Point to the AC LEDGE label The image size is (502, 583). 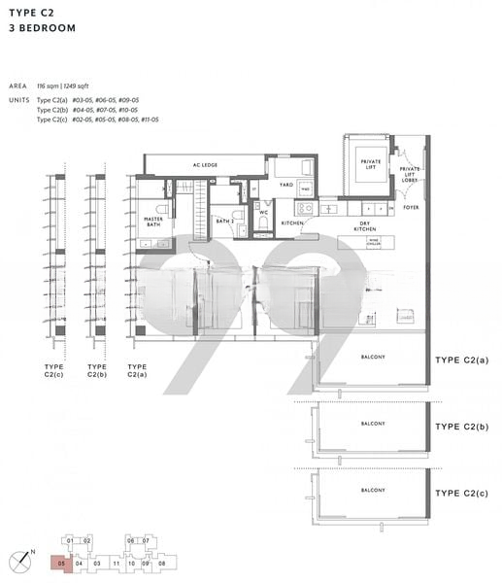pyautogui.click(x=205, y=165)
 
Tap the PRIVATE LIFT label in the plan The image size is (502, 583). pyautogui.click(x=370, y=163)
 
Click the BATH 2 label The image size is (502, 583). pyautogui.click(x=225, y=222)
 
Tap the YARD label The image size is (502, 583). pyautogui.click(x=286, y=184)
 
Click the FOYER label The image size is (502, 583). pyautogui.click(x=413, y=207)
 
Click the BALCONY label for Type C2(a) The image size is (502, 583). pyautogui.click(x=373, y=357)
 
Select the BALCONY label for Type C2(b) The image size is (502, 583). pyautogui.click(x=373, y=424)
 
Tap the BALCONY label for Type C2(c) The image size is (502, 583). pyautogui.click(x=373, y=490)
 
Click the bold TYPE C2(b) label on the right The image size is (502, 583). pyautogui.click(x=461, y=427)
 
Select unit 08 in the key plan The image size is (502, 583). pyautogui.click(x=162, y=563)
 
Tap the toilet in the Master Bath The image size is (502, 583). pyautogui.click(x=162, y=207)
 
